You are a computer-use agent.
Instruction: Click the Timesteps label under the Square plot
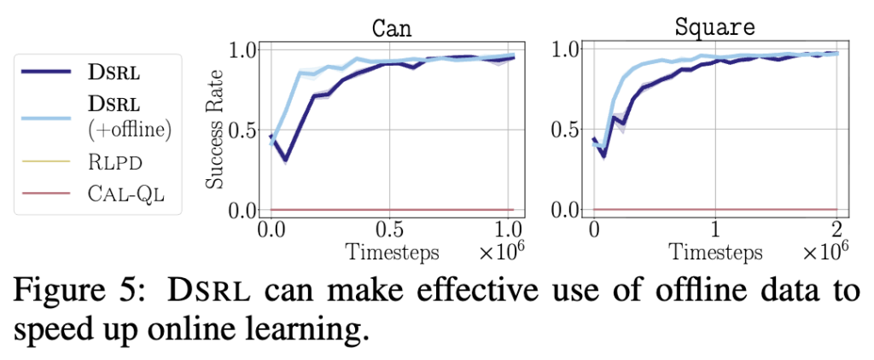pos(714,252)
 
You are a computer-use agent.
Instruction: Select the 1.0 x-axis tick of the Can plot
pos(511,230)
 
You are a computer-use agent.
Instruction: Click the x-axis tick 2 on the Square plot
pos(836,230)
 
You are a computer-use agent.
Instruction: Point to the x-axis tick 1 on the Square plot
pos(715,230)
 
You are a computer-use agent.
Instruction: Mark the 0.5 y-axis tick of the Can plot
pos(244,130)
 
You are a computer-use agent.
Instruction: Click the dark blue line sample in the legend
pos(48,72)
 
